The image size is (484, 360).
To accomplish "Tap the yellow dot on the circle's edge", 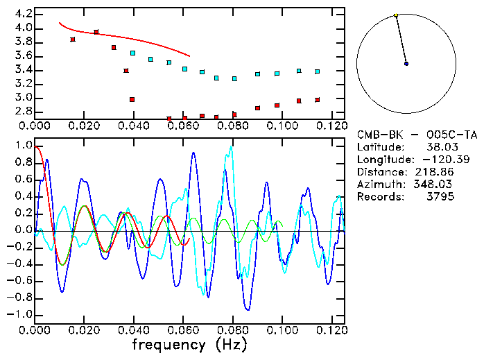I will [x=395, y=15].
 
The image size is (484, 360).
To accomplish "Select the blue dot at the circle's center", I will [x=406, y=64].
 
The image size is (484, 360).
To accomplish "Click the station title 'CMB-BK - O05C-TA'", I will [x=417, y=134].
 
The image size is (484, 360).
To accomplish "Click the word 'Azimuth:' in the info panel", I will [x=380, y=184].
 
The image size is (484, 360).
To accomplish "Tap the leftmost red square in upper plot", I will [x=73, y=40].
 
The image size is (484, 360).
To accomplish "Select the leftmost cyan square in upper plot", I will [x=132, y=53].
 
